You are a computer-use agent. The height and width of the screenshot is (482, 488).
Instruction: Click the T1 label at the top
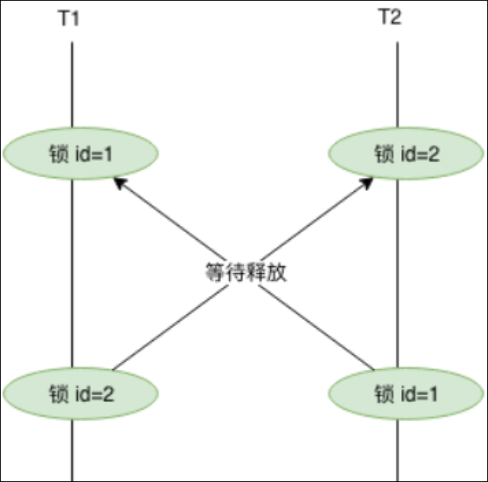click(68, 18)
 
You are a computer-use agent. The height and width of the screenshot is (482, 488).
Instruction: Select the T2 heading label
click(390, 18)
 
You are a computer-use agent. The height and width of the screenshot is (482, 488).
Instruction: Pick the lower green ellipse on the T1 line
click(81, 394)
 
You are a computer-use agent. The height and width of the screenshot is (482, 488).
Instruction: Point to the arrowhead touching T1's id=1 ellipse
click(119, 183)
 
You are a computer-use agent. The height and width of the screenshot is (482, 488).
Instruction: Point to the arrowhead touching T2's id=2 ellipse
click(368, 183)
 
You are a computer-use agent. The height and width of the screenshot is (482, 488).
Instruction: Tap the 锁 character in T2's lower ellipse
click(383, 394)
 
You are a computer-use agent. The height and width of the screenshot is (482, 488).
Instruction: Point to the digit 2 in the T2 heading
click(396, 18)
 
